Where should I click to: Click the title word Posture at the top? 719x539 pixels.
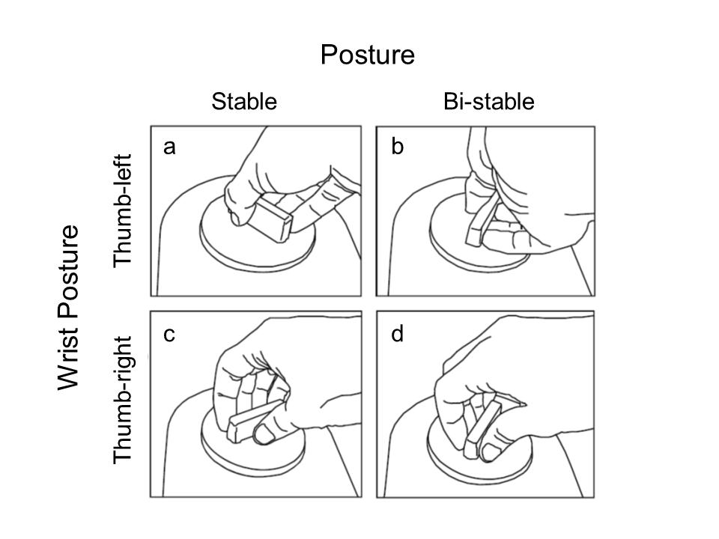pyautogui.click(x=367, y=55)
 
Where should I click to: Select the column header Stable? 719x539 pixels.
pyautogui.click(x=244, y=101)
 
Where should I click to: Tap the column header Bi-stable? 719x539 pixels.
pyautogui.click(x=489, y=101)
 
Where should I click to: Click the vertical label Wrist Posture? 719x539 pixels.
pyautogui.click(x=68, y=308)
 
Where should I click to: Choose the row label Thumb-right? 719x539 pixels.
pyautogui.click(x=123, y=400)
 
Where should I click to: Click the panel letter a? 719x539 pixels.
pyautogui.click(x=169, y=147)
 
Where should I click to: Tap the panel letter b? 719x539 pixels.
pyautogui.click(x=397, y=146)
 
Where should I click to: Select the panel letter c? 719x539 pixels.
pyautogui.click(x=169, y=335)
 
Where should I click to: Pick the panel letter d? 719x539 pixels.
pyautogui.click(x=397, y=333)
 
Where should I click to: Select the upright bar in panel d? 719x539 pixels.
pyautogui.click(x=482, y=430)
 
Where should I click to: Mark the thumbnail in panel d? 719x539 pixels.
pyautogui.click(x=489, y=452)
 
